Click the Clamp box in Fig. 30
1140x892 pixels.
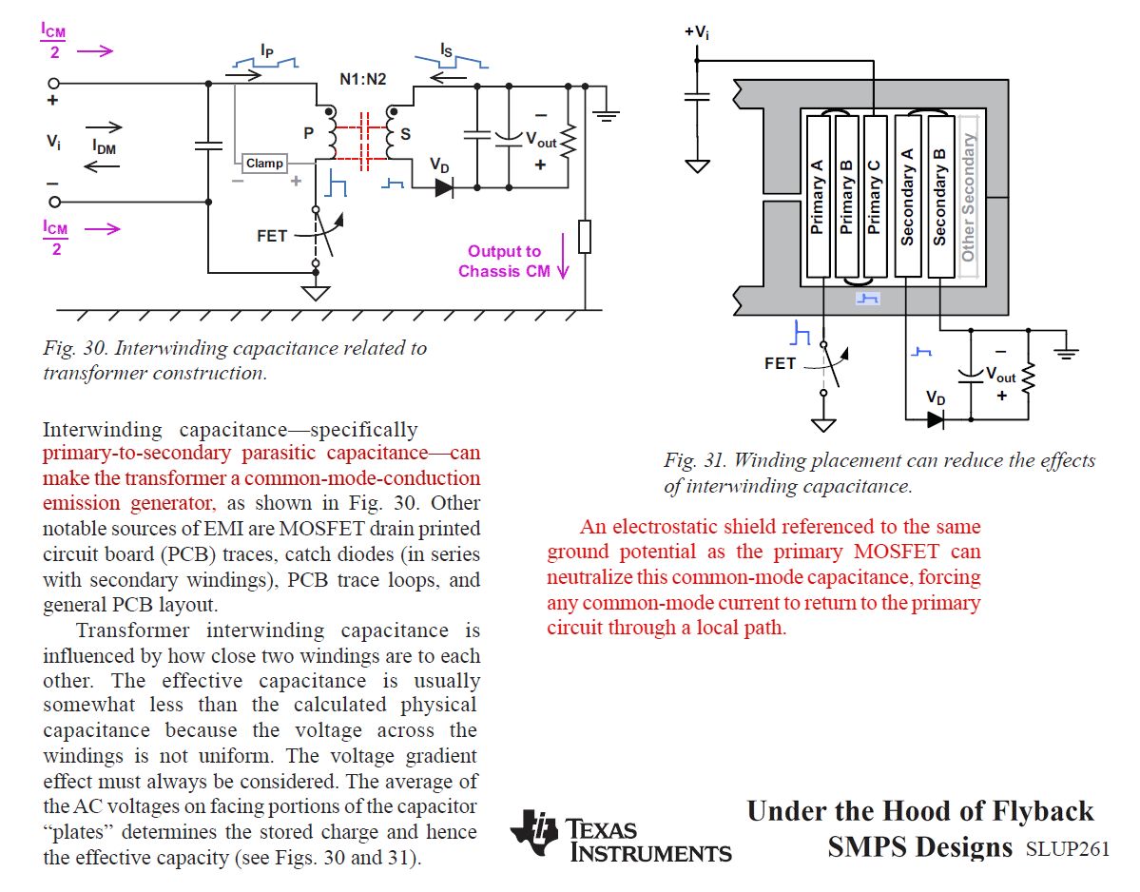pyautogui.click(x=264, y=164)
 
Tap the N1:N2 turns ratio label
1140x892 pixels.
pyautogui.click(x=363, y=79)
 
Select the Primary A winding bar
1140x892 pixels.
pyautogui.click(x=818, y=197)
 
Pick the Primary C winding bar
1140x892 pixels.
pyautogui.click(x=876, y=197)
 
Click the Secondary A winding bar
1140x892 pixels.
pyautogui.click(x=908, y=197)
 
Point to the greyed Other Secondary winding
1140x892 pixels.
pyautogui.click(x=969, y=197)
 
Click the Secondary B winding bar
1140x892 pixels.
pyautogui.click(x=940, y=197)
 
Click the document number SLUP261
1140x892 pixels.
pyautogui.click(x=1067, y=849)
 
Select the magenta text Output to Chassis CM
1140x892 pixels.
pyautogui.click(x=504, y=262)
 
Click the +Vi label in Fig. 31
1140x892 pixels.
pyautogui.click(x=697, y=31)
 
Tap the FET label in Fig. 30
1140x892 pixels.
pyautogui.click(x=272, y=235)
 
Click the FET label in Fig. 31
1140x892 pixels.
pyautogui.click(x=780, y=363)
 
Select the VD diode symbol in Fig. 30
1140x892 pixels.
pyautogui.click(x=444, y=187)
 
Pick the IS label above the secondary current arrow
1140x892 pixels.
pyautogui.click(x=447, y=48)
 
